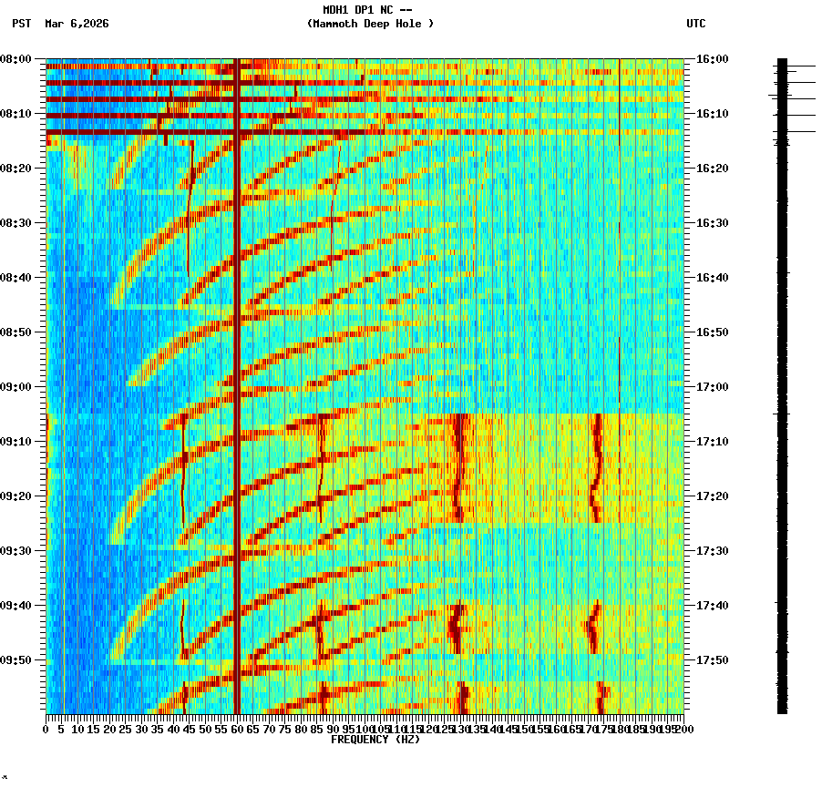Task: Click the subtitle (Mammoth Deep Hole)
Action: click(x=370, y=24)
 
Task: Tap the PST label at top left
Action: click(x=22, y=24)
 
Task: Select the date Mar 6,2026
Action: click(x=77, y=24)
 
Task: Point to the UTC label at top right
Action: click(x=695, y=24)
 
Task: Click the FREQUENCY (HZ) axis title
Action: click(x=375, y=740)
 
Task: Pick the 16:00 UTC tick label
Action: click(x=712, y=59)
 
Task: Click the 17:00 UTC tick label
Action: click(x=712, y=387)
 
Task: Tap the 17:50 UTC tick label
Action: click(x=712, y=660)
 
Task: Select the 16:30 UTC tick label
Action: click(x=712, y=223)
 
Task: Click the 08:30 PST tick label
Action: click(x=16, y=223)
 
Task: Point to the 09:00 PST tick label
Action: click(x=16, y=387)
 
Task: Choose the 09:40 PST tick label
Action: click(x=16, y=606)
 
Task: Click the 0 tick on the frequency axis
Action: click(x=46, y=730)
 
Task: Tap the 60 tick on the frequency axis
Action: click(x=237, y=730)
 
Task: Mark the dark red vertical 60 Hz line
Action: click(x=237, y=364)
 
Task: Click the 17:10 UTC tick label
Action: click(x=712, y=442)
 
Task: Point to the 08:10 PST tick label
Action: click(x=16, y=114)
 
